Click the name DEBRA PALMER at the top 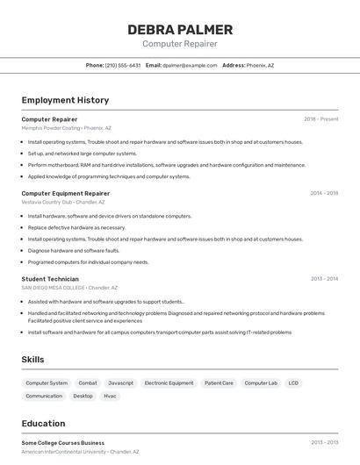pyautogui.click(x=180, y=29)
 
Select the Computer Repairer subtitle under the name pyautogui.click(x=180, y=44)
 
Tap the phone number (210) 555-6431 pyautogui.click(x=123, y=65)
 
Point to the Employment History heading pyautogui.click(x=65, y=100)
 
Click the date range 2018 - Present pyautogui.click(x=320, y=118)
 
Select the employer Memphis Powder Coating pyautogui.click(x=50, y=127)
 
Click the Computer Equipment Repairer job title pyautogui.click(x=65, y=193)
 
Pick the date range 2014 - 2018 pyautogui.click(x=323, y=193)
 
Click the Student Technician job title pyautogui.click(x=50, y=279)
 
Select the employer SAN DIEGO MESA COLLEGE pyautogui.click(x=53, y=288)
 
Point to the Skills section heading pyautogui.click(x=32, y=360)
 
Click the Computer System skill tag pyautogui.click(x=47, y=383)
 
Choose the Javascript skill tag pyautogui.click(x=120, y=383)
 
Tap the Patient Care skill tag pyautogui.click(x=219, y=383)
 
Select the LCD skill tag pyautogui.click(x=293, y=383)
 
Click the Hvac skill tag pyautogui.click(x=110, y=396)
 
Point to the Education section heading pyautogui.click(x=43, y=424)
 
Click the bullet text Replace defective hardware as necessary pyautogui.click(x=76, y=227)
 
